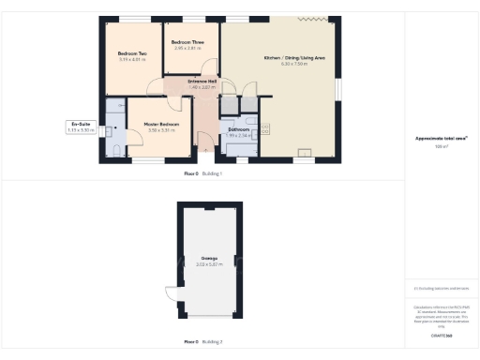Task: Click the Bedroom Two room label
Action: point(132,53)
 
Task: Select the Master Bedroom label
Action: point(162,124)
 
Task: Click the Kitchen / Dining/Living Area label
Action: point(294,58)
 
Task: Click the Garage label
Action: point(208,259)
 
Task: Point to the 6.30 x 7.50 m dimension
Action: point(294,65)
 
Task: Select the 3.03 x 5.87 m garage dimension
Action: point(208,265)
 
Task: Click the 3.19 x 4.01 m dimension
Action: point(132,59)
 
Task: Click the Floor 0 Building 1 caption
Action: point(202,174)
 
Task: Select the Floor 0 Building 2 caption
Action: point(202,341)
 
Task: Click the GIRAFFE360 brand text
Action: point(442,335)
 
